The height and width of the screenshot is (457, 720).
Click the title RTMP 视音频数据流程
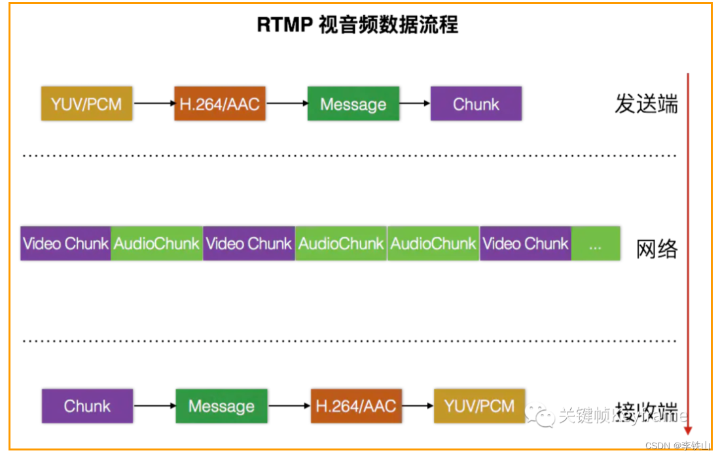click(357, 25)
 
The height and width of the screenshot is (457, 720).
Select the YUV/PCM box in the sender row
click(86, 104)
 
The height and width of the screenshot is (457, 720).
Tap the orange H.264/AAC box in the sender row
click(220, 104)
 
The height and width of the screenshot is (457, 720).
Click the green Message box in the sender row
click(353, 104)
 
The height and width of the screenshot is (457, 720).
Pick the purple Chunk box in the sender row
click(476, 104)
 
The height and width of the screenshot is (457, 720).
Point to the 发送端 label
click(645, 104)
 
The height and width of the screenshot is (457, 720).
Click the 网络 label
click(657, 249)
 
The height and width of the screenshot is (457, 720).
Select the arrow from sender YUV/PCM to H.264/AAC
click(153, 104)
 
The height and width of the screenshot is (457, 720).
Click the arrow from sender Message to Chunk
click(414, 104)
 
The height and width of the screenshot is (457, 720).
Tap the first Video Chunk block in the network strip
click(65, 244)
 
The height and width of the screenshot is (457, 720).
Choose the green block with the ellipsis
click(596, 244)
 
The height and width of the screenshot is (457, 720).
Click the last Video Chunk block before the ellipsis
click(526, 244)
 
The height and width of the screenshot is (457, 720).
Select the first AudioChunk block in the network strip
click(156, 244)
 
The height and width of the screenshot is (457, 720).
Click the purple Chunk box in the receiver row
click(87, 406)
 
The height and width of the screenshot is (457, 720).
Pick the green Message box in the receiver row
click(221, 406)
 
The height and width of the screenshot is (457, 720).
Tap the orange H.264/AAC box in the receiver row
click(356, 406)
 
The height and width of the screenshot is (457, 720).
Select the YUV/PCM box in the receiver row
click(479, 406)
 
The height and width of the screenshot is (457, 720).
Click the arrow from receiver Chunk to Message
click(154, 406)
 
